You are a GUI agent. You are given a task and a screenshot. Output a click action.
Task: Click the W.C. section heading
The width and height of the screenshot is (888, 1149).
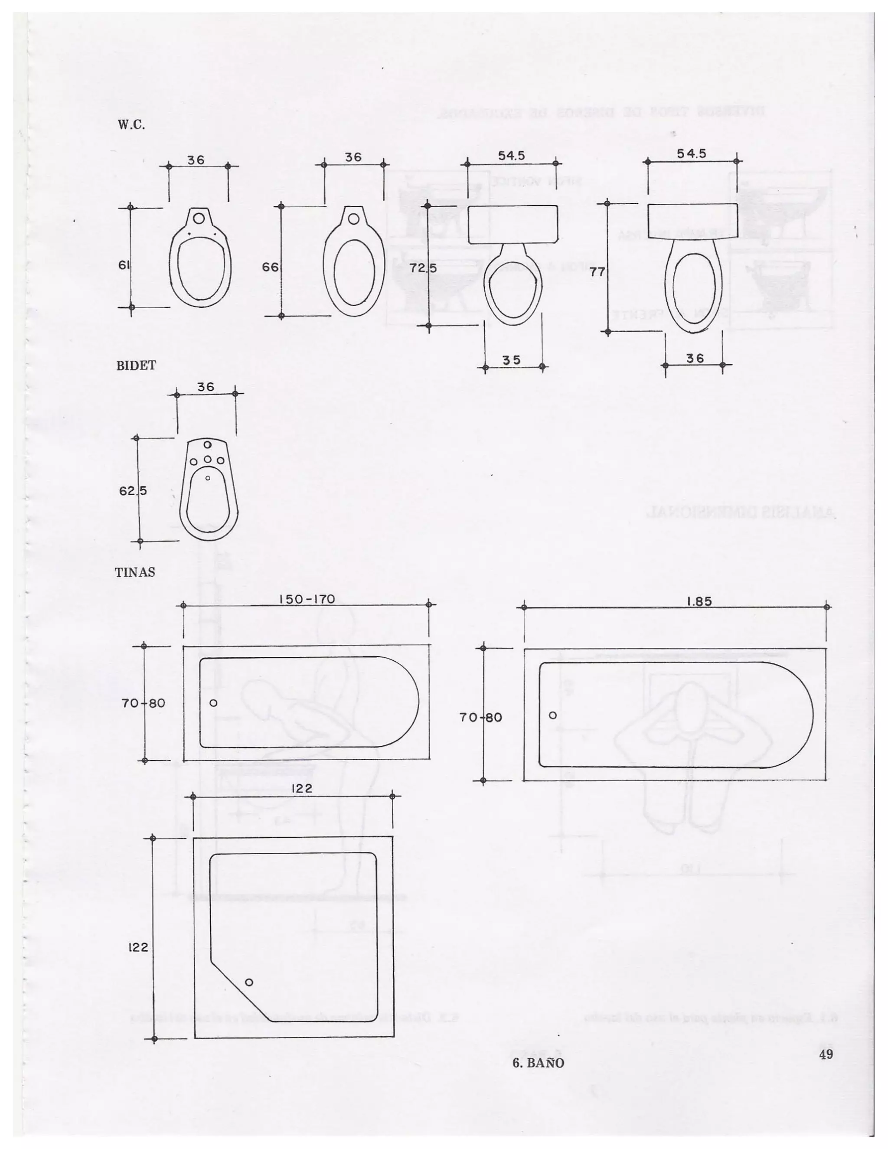131,125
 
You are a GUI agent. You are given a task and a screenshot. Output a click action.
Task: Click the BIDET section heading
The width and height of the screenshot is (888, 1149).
136,366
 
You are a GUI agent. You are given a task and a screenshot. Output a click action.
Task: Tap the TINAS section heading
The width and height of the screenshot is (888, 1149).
135,572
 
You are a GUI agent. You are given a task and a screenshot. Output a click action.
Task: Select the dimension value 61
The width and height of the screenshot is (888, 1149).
124,265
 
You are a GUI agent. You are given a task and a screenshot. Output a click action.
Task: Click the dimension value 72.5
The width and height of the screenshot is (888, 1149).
424,268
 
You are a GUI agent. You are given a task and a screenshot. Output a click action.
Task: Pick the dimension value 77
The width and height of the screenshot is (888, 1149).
597,272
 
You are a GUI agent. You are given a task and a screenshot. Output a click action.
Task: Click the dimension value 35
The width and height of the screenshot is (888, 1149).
511,360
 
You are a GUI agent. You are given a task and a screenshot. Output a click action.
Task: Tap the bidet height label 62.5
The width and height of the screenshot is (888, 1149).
133,491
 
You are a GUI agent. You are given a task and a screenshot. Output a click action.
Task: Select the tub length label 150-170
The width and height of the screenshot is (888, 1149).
306,599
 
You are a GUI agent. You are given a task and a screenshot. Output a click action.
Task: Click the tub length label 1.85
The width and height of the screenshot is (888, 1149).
699,601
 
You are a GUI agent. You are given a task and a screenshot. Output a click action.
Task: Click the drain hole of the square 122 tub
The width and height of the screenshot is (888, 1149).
249,982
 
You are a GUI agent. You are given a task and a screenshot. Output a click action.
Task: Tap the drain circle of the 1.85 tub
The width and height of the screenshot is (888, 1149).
552,715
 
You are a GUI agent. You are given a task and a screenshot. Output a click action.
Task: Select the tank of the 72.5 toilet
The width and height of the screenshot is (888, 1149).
513,225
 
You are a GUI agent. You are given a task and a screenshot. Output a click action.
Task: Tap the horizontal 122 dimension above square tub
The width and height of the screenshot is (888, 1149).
301,803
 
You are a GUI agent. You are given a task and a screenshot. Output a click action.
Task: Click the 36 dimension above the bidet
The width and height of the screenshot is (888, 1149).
206,387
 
